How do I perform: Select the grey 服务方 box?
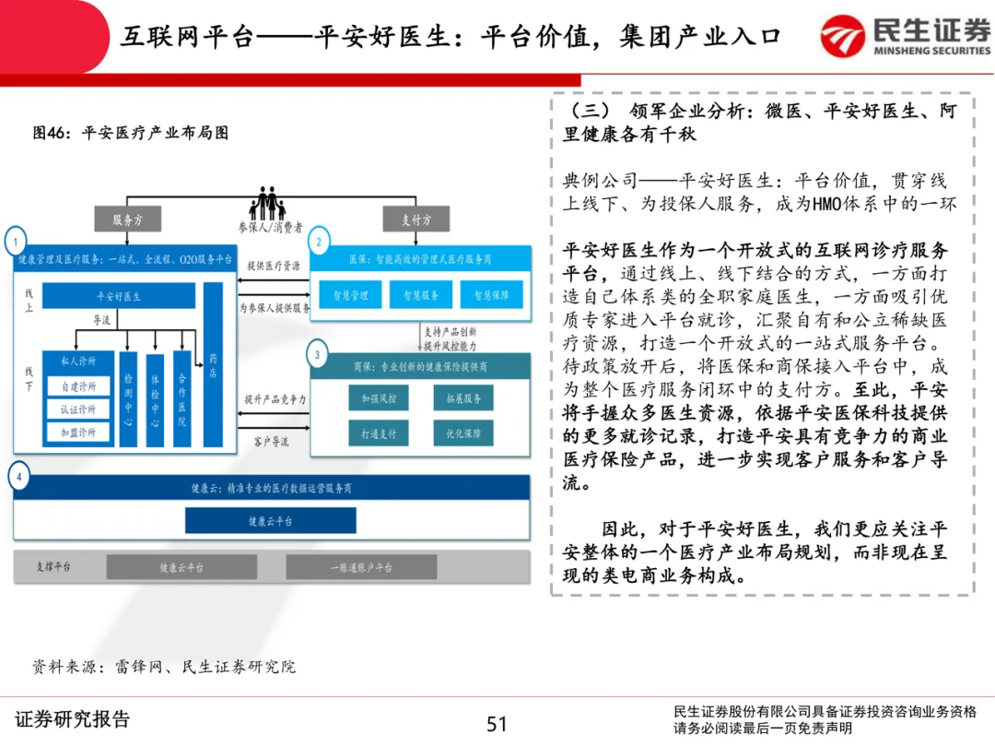click(127, 219)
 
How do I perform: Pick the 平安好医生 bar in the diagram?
click(119, 296)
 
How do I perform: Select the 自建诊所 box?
click(78, 385)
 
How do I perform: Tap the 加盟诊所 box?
click(78, 432)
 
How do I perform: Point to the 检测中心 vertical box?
click(128, 398)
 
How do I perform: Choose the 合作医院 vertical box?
click(181, 398)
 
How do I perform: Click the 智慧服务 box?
click(421, 295)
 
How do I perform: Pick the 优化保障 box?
click(463, 432)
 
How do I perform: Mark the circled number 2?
click(319, 243)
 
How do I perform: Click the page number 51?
click(497, 724)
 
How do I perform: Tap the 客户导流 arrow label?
click(271, 442)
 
